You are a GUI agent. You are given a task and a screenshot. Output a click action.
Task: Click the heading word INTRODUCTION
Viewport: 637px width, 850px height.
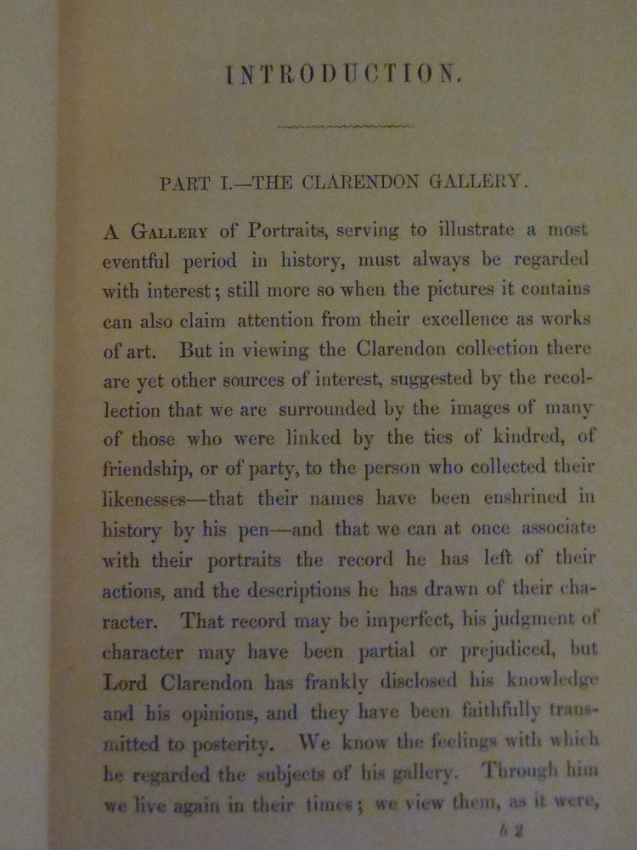pos(343,75)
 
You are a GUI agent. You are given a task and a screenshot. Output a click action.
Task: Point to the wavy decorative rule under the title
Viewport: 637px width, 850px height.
pos(346,127)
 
